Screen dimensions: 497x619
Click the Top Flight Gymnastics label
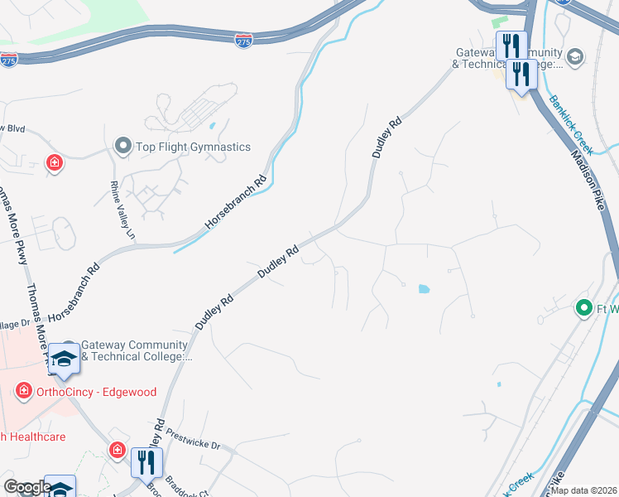[x=194, y=147]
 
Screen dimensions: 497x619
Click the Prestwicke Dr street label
[x=193, y=439]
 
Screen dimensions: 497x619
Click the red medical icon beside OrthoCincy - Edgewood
[x=25, y=389]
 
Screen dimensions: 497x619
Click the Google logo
[x=27, y=488]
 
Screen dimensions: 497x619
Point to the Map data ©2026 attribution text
[x=584, y=490]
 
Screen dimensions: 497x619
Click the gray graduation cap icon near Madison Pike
[x=575, y=56]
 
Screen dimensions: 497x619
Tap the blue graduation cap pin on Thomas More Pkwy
[x=63, y=358]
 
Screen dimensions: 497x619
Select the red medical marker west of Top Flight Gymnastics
[x=55, y=162]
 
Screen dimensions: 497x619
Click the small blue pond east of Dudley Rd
[x=424, y=290]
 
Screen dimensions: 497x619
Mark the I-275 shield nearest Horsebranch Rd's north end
[x=243, y=41]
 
